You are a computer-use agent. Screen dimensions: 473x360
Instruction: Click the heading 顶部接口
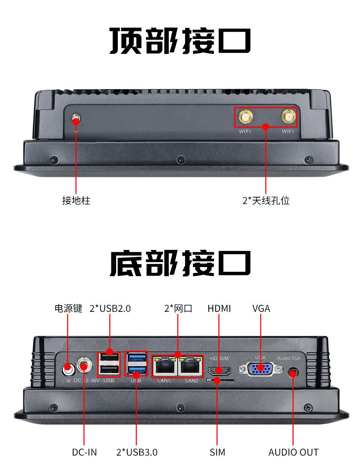pos(180,41)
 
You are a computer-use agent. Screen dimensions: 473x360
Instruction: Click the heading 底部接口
pos(180,263)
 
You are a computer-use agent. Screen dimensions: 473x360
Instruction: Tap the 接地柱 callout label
pos(76,200)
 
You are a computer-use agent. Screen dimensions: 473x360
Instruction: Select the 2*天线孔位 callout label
pos(266,200)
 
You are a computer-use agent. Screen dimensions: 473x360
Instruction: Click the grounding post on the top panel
pos(76,119)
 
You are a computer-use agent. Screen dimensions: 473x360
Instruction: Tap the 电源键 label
pos(68,309)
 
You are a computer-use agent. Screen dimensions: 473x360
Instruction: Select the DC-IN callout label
pos(84,452)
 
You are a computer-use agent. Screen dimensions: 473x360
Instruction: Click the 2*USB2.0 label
pos(110,309)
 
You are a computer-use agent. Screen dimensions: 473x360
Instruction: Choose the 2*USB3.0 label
pos(137,452)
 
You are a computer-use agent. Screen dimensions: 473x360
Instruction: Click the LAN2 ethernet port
pos(190,367)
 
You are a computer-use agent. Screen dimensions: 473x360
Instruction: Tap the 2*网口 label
pos(178,309)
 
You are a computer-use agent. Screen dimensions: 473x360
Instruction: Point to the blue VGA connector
pos(260,369)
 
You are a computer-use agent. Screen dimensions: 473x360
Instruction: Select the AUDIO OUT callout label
pos(293,452)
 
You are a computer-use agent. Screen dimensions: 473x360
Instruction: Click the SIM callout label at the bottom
pos(217,452)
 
